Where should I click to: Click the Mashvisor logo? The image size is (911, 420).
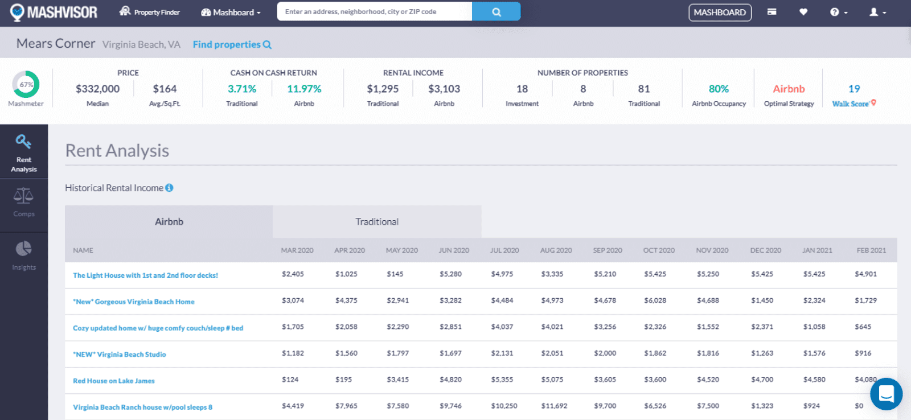click(x=54, y=12)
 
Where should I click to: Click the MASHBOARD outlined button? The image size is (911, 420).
click(x=720, y=13)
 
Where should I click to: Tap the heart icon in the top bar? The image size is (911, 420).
click(x=803, y=12)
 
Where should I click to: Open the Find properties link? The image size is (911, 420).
click(x=232, y=44)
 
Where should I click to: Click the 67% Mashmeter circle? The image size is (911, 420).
click(x=26, y=85)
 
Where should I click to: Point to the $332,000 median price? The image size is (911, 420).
click(x=97, y=89)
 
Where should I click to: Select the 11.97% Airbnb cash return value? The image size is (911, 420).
click(x=304, y=89)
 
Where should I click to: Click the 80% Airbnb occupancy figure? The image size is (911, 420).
click(x=719, y=89)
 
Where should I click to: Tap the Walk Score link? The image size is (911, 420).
click(x=851, y=104)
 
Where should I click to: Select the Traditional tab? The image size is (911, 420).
click(x=377, y=222)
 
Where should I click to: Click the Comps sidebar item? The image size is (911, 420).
click(x=24, y=203)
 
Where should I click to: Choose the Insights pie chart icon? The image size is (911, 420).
click(x=24, y=249)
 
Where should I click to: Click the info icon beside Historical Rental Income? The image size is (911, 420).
click(x=169, y=188)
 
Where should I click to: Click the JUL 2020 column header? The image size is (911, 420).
click(x=504, y=250)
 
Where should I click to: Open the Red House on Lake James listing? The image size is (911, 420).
click(x=114, y=381)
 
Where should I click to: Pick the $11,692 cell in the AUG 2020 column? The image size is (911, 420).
click(x=554, y=406)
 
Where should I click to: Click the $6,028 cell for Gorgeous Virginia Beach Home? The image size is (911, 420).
click(x=655, y=300)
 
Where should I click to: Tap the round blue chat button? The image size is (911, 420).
click(x=886, y=394)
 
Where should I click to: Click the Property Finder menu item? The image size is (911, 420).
click(x=150, y=12)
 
